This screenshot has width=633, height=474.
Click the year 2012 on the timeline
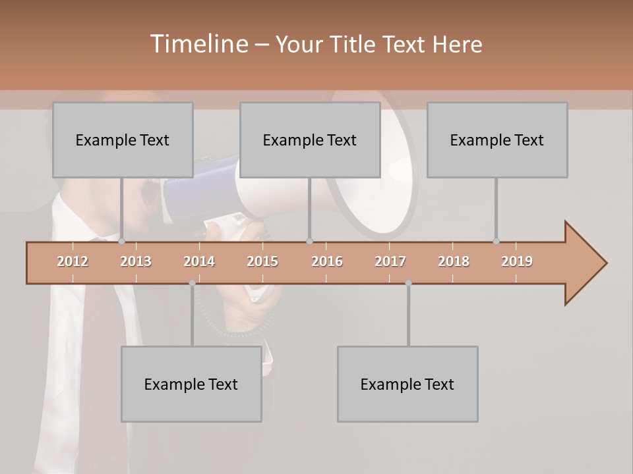(73, 261)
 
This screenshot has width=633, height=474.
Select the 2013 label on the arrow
(136, 261)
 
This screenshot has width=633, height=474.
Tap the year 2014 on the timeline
(199, 261)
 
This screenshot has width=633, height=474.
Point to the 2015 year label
(262, 261)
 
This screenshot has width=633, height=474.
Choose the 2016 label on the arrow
(327, 261)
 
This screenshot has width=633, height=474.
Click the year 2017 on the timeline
(390, 261)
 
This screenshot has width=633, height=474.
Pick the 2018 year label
(454, 261)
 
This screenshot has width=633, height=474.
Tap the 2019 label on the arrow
(517, 261)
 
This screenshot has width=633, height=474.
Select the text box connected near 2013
(123, 140)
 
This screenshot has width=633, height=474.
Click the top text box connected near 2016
(310, 140)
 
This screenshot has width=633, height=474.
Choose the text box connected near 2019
(497, 140)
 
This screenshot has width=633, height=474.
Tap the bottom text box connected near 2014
(191, 384)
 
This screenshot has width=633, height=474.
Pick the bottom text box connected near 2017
(407, 384)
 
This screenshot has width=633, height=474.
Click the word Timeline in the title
(198, 44)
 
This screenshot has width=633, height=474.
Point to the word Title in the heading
(356, 45)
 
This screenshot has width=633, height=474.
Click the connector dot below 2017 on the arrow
(409, 283)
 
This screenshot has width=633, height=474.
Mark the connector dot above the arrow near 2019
(496, 242)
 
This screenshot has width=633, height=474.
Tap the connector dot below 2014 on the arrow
(192, 283)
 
